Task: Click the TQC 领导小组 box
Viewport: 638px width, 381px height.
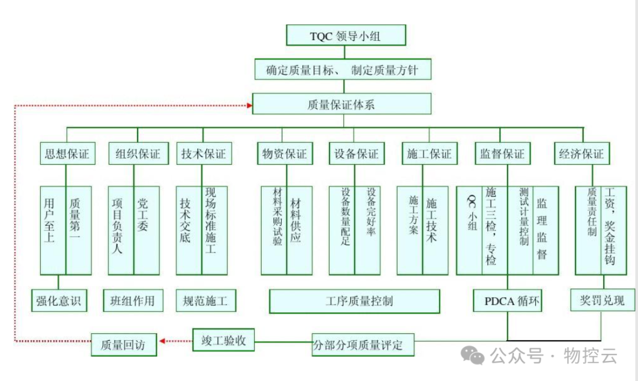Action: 346,35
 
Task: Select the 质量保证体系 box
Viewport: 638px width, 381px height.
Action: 341,105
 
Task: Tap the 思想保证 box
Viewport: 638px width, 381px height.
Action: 66,154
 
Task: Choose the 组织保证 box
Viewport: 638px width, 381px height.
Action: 134,154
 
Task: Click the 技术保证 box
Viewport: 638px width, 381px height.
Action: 203,154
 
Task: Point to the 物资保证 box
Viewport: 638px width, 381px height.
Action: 285,154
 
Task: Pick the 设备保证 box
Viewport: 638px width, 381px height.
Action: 356,154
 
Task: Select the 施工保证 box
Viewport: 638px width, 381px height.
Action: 429,154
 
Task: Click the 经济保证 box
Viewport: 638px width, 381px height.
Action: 582,154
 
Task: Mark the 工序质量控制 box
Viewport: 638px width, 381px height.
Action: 354,301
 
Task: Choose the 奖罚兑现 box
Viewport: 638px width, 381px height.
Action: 602,299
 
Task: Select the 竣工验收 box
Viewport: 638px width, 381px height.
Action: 223,340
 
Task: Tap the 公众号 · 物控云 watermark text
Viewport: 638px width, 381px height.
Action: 552,356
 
